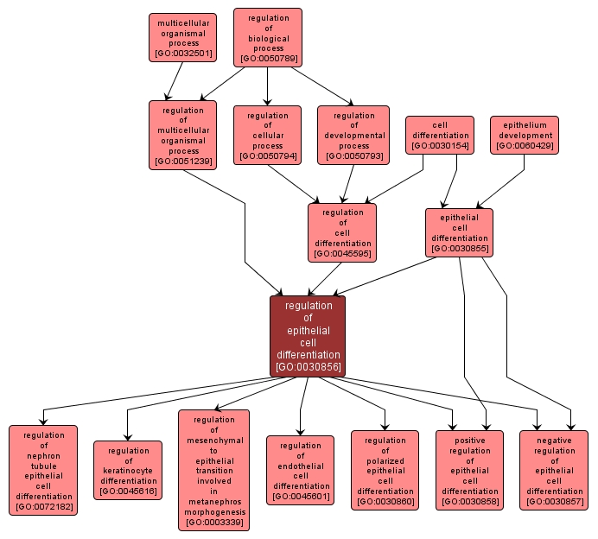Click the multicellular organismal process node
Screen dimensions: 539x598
pos(181,38)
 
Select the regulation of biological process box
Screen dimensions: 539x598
pos(268,37)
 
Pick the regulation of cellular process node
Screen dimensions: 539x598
pos(268,135)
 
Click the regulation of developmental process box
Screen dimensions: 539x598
pos(353,135)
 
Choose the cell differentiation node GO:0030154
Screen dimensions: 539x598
pos(440,135)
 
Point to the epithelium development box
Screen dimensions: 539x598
pos(525,135)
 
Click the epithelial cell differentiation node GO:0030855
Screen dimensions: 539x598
pos(459,232)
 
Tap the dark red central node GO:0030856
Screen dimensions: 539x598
pos(308,336)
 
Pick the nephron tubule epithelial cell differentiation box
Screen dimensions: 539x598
pos(43,470)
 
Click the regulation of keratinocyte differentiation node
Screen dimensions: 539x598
pos(128,470)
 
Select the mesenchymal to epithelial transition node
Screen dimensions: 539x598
pos(213,470)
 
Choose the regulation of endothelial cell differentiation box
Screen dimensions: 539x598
pos(300,470)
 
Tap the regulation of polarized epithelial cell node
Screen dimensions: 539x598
pos(385,470)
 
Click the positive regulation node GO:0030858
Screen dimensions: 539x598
pos(469,470)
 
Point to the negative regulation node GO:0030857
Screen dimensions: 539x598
pos(554,470)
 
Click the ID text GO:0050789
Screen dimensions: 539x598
pos(268,59)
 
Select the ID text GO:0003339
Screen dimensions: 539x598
pos(213,523)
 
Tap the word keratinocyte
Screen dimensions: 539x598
pos(128,471)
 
